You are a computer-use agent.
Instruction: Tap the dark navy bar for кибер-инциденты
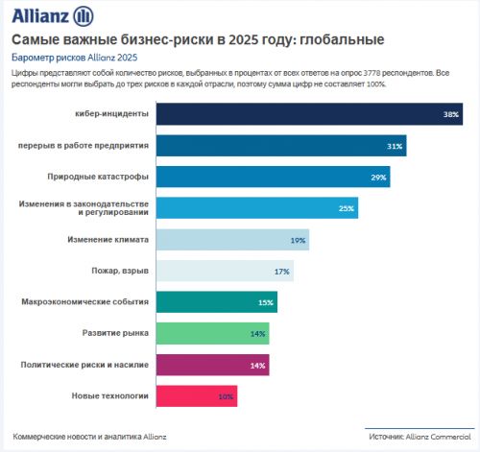click(288, 114)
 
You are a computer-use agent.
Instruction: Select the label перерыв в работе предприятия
click(84, 146)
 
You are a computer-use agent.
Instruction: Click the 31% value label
click(394, 146)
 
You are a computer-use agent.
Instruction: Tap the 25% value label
click(347, 208)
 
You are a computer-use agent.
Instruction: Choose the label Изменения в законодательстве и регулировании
click(84, 208)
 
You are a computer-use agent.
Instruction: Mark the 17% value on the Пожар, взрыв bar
click(282, 272)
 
